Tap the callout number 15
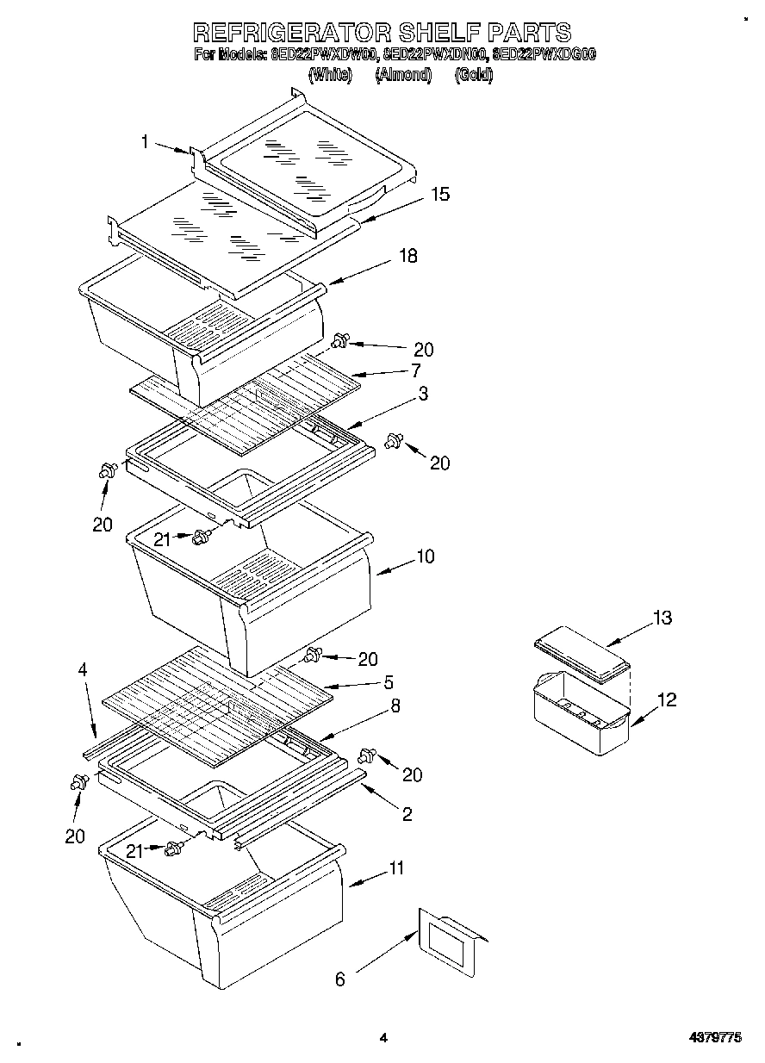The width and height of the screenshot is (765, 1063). click(x=440, y=195)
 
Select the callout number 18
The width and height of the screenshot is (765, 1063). click(x=408, y=256)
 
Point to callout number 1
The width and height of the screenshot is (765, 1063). click(x=146, y=142)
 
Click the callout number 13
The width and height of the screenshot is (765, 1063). click(x=662, y=618)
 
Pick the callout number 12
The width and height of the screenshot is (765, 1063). click(x=666, y=699)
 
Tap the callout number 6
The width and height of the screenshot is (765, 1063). click(x=339, y=979)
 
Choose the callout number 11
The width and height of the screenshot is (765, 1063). click(x=395, y=868)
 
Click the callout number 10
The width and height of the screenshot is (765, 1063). click(x=426, y=556)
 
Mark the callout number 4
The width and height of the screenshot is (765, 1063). click(x=83, y=668)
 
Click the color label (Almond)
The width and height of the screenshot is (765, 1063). click(x=403, y=75)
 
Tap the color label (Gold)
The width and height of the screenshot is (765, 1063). click(x=473, y=75)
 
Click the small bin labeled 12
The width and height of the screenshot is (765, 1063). click(x=582, y=713)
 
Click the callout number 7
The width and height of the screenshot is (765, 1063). click(x=415, y=371)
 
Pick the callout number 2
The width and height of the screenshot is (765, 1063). click(x=407, y=813)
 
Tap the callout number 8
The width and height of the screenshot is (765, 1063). click(x=395, y=706)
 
